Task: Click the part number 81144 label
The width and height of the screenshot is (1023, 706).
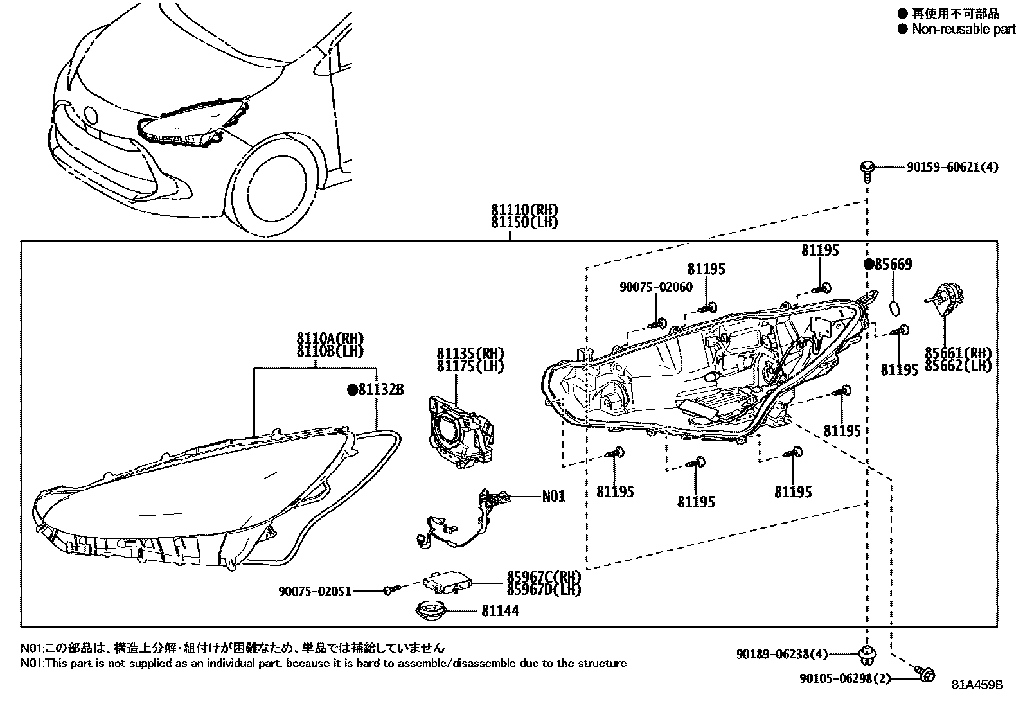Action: point(500,611)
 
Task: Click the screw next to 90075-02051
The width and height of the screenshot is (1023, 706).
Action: point(391,589)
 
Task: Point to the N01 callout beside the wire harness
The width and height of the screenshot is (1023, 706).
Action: point(553,496)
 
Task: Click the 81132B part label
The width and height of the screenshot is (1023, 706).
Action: point(381,389)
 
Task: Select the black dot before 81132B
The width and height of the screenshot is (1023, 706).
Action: point(351,389)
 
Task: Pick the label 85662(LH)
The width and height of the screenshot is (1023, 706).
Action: point(958,366)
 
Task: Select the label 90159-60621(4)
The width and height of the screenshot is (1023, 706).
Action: point(953,167)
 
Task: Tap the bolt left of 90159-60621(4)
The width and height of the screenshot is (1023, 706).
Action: point(867,169)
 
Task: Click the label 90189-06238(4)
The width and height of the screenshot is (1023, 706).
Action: point(782,655)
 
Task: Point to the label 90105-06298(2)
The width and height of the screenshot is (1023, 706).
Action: point(845,678)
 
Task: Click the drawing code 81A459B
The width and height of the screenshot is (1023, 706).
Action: point(977,685)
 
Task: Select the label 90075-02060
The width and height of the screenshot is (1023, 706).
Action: point(656,287)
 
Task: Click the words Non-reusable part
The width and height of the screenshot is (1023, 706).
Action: point(963,29)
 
